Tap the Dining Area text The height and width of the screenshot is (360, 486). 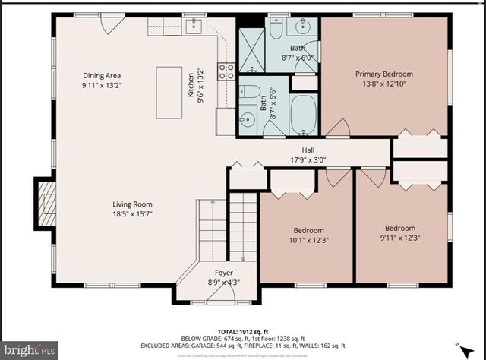[x=102, y=75]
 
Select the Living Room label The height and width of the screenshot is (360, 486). [x=133, y=204]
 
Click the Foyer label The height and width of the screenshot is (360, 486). [x=223, y=272]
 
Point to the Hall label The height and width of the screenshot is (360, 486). [x=308, y=150]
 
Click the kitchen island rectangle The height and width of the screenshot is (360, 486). [x=169, y=92]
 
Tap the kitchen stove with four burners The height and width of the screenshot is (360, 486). [x=226, y=71]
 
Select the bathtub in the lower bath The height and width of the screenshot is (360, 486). [x=305, y=115]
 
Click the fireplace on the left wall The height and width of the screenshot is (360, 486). [x=46, y=202]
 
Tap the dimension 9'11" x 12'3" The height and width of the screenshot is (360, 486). [x=399, y=238]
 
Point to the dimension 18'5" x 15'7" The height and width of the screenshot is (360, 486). [x=133, y=214]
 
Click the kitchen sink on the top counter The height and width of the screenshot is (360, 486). [x=194, y=27]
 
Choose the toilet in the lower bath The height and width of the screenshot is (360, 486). [x=251, y=93]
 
